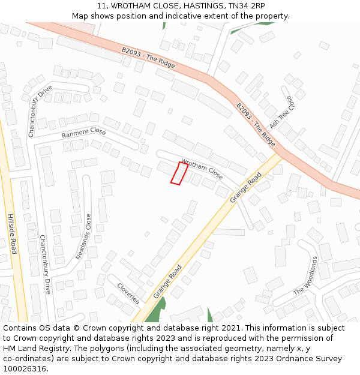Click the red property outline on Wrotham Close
(x=179, y=173)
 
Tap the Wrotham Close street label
(x=202, y=170)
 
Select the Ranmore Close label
(x=83, y=133)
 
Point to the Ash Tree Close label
(x=283, y=112)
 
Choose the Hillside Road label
(x=12, y=233)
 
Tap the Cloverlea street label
(x=128, y=293)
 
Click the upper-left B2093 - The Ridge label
(x=148, y=58)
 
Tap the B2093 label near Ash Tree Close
(x=256, y=124)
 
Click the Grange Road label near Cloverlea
(x=167, y=281)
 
